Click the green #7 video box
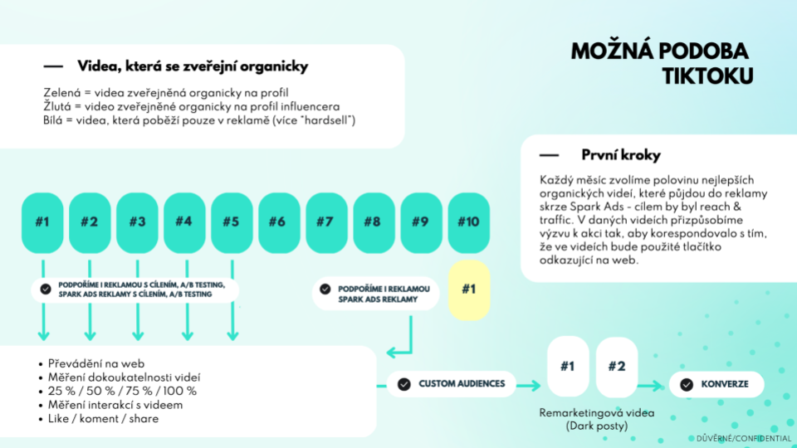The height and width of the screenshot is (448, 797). (x=326, y=222)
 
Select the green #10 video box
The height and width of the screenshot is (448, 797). (x=468, y=222)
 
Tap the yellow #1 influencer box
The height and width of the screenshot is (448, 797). (x=468, y=290)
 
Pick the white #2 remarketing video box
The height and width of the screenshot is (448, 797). (x=617, y=367)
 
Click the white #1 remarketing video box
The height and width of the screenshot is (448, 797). (x=568, y=367)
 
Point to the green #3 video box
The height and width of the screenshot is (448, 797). (x=137, y=222)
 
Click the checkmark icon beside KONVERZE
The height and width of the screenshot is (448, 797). (x=687, y=384)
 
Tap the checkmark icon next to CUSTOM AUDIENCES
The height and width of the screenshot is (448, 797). (x=404, y=384)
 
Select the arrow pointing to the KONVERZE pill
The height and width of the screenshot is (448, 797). (x=651, y=387)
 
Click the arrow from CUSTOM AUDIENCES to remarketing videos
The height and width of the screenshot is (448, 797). (x=529, y=386)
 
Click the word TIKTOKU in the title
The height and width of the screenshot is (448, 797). (x=707, y=76)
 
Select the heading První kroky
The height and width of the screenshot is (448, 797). (x=621, y=155)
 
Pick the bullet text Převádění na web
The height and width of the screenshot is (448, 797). (x=96, y=363)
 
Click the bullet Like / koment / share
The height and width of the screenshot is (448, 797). (x=103, y=419)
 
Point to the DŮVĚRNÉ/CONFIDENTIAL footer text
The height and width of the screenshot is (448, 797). (x=744, y=438)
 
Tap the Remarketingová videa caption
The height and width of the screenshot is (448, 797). (x=597, y=413)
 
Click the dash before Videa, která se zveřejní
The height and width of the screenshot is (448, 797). (x=53, y=66)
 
